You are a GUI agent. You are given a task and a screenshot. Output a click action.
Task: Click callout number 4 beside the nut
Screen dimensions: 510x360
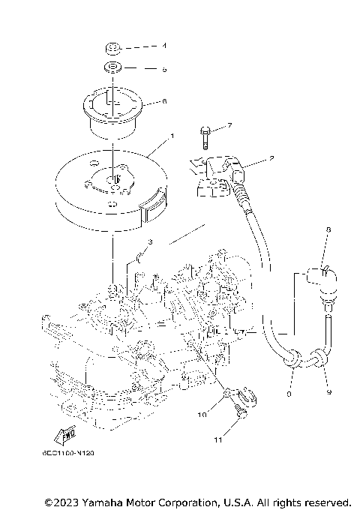164,46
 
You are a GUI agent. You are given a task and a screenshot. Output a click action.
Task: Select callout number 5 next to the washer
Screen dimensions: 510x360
164,69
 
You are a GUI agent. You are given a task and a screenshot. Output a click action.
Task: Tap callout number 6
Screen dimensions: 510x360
164,100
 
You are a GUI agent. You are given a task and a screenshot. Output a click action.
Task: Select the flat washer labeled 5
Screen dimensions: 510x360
113,70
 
